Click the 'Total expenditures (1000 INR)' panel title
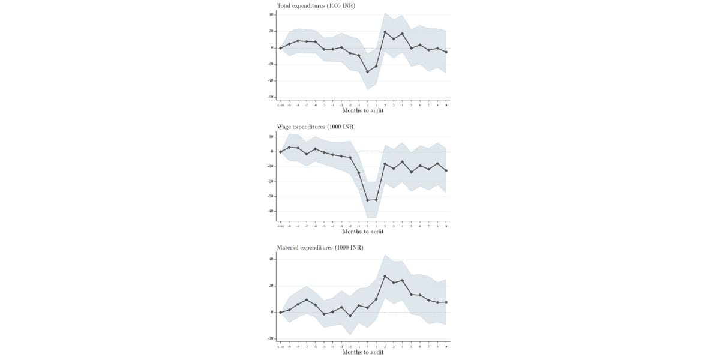(x=316, y=5)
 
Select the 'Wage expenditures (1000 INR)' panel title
(x=316, y=127)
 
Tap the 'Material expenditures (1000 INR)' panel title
(x=320, y=247)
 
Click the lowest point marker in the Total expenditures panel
(x=368, y=71)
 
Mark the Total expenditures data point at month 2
(x=385, y=32)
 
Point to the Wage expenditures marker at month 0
(x=368, y=200)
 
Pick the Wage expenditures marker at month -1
(x=359, y=173)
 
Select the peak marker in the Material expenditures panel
(x=385, y=276)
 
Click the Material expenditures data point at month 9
(x=446, y=302)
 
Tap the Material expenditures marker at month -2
(x=350, y=316)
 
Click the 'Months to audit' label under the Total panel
(x=363, y=110)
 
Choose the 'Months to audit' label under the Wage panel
(x=363, y=232)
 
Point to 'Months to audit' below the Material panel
(x=363, y=352)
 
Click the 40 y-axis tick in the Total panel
(x=271, y=15)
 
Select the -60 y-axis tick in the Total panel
(x=271, y=97)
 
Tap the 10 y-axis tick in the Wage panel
(x=271, y=137)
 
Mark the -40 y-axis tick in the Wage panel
(x=271, y=211)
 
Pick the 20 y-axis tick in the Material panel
(x=271, y=286)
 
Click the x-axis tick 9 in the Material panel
(x=446, y=346)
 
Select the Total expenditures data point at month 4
(x=403, y=34)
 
